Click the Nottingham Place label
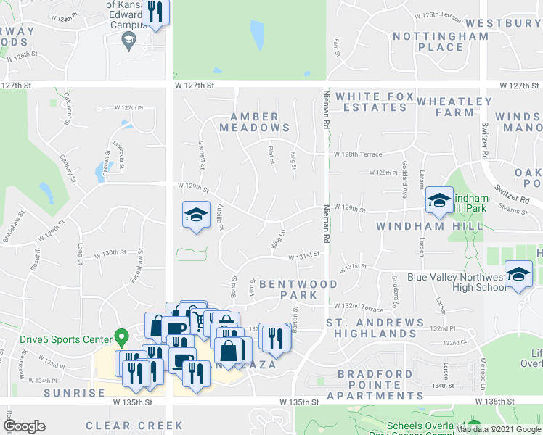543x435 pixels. pyautogui.click(x=430, y=41)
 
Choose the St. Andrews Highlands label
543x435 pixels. pyautogui.click(x=375, y=328)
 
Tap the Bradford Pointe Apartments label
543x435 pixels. pyautogui.click(x=375, y=385)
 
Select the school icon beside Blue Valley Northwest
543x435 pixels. pyautogui.click(x=518, y=274)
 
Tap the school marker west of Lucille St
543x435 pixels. pyautogui.click(x=196, y=215)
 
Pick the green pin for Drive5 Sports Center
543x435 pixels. pyautogui.click(x=122, y=338)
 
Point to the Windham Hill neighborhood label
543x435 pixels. pyautogui.click(x=430, y=227)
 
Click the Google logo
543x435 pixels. pyautogui.click(x=24, y=426)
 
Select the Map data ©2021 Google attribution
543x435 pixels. pyautogui.click(x=498, y=430)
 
